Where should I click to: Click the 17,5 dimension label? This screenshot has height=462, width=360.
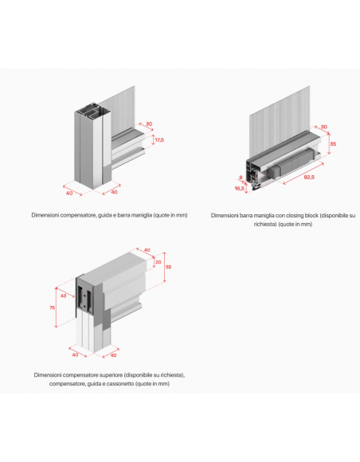159,140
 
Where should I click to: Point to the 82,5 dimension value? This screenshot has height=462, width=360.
309,177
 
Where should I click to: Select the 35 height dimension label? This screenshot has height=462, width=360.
333,144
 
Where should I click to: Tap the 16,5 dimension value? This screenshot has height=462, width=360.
239,188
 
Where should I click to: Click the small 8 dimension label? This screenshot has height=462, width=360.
241,178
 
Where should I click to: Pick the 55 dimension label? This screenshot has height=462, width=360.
168,267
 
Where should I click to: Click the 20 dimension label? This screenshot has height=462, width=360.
158,262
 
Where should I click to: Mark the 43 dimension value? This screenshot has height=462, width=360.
64,296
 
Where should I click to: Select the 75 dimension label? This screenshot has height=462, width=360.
52,307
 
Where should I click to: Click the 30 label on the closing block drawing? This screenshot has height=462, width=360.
324,127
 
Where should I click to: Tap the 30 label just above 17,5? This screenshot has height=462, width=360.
149,124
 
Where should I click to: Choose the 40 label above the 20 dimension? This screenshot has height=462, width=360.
147,250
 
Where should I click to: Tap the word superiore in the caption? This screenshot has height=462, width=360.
111,375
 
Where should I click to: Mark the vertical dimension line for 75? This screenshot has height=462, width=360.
56,307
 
